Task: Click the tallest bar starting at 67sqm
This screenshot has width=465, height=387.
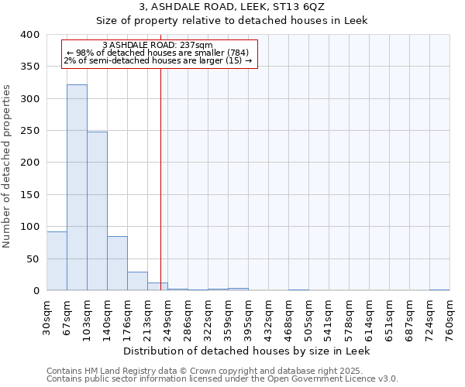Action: point(77,187)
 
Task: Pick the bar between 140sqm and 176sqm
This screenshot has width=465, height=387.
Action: point(117,263)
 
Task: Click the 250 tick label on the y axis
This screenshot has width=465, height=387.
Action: point(30,131)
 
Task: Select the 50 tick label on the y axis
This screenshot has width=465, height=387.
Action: point(33,259)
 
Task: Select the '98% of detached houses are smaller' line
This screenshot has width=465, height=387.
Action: point(157,53)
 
